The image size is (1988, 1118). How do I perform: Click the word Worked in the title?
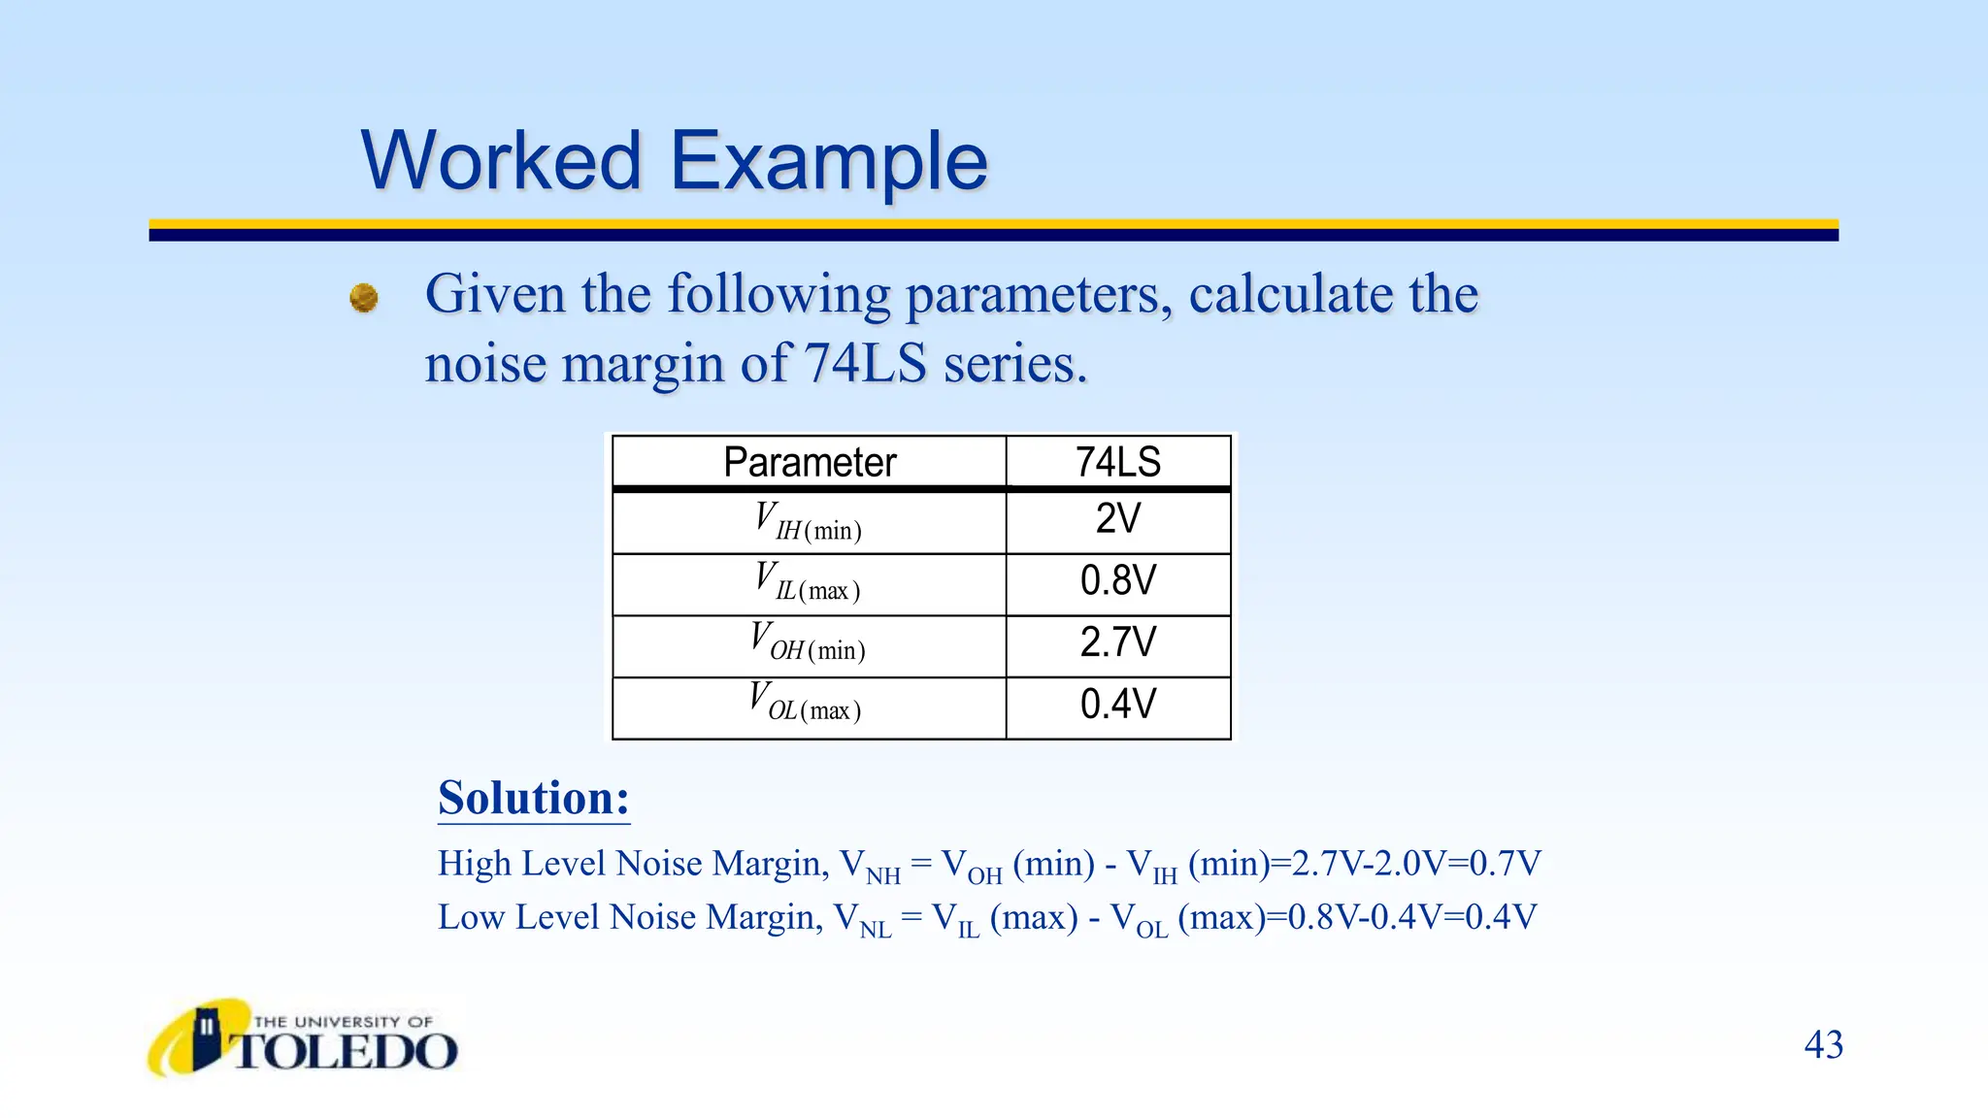pos(501,160)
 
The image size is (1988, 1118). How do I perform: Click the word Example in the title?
pos(828,162)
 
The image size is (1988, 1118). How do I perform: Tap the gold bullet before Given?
pos(364,297)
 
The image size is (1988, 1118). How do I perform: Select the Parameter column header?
pos(809,462)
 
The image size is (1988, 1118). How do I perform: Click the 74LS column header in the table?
pos(1117,462)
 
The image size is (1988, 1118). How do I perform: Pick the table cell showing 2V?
pos(1117,519)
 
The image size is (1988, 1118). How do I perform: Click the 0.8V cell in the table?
pos(1117,581)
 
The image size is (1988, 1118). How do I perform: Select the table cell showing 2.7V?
pos(1117,642)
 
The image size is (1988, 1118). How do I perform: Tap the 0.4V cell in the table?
pos(1117,705)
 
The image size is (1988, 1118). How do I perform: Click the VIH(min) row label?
pos(808,521)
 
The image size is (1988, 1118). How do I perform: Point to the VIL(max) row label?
pos(808,582)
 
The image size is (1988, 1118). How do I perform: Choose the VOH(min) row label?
pos(808,643)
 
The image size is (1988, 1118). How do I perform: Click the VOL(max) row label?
pos(806,704)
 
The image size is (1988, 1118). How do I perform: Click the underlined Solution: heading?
pos(533,799)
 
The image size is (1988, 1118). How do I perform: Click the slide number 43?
pos(1823,1045)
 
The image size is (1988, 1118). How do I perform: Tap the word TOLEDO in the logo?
pos(345,1052)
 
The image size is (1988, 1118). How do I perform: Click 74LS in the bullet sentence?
pos(865,364)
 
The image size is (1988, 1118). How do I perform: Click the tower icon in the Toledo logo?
pos(206,1036)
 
